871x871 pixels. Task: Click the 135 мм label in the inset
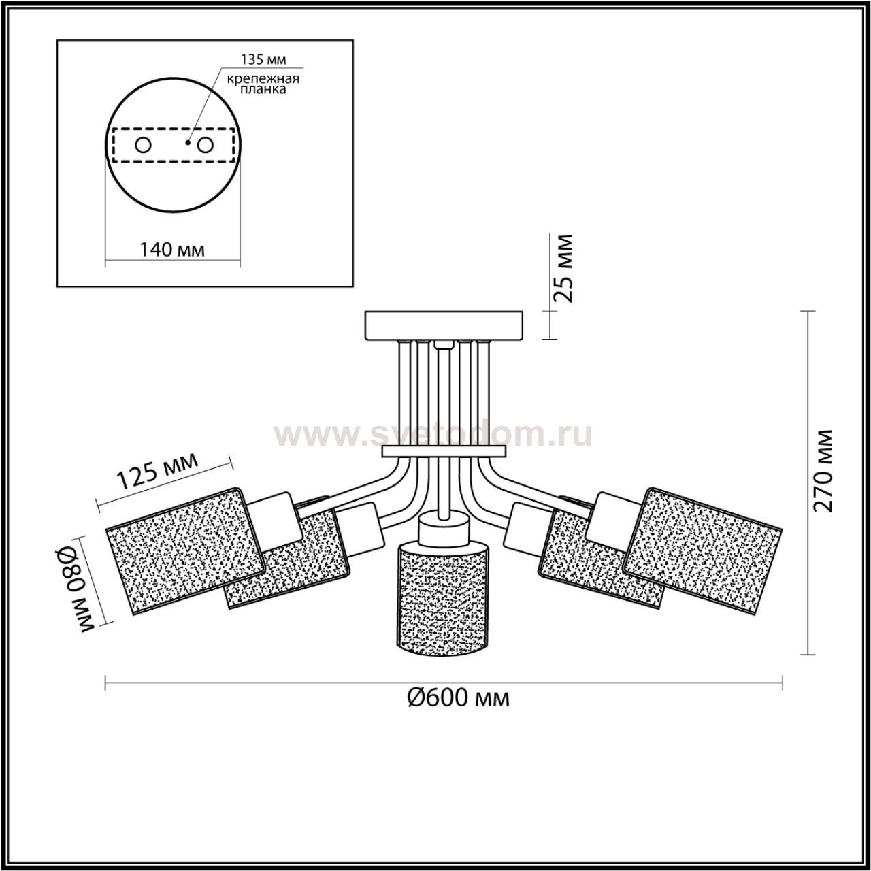(263, 59)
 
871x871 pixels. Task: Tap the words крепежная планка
(263, 84)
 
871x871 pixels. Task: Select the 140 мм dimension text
(171, 249)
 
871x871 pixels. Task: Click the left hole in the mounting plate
(144, 146)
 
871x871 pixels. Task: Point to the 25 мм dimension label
(564, 269)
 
